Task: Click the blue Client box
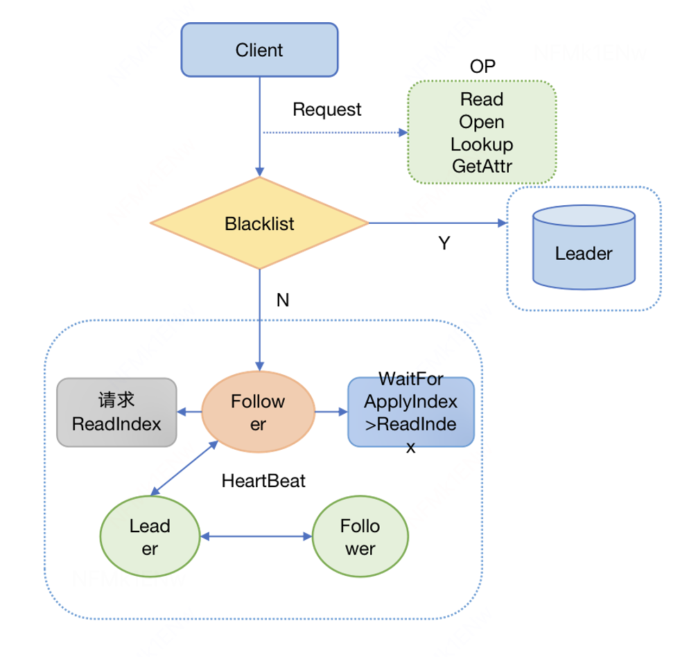tap(259, 50)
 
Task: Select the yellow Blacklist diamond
tap(259, 223)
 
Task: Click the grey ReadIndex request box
tap(116, 412)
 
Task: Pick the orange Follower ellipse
tap(258, 412)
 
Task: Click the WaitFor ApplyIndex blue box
tap(410, 412)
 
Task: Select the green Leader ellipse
tap(150, 537)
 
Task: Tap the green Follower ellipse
tap(360, 537)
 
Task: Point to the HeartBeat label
tap(263, 480)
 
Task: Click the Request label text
tap(326, 109)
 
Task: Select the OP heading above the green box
tap(482, 67)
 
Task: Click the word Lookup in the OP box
tap(482, 144)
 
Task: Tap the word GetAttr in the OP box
tap(482, 166)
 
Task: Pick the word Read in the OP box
tap(482, 100)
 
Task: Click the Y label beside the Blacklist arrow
tap(444, 244)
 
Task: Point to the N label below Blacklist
tap(282, 300)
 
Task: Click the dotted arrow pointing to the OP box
tap(333, 132)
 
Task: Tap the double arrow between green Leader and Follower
tap(256, 536)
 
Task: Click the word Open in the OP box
tap(482, 122)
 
